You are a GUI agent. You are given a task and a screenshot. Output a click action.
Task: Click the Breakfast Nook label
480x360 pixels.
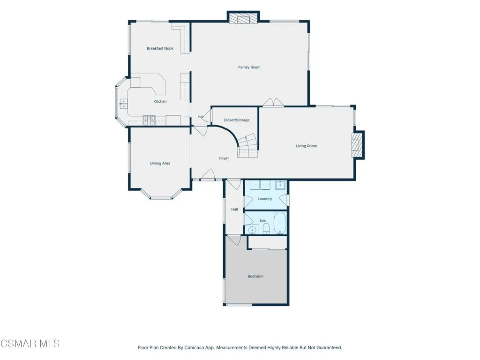tap(160, 48)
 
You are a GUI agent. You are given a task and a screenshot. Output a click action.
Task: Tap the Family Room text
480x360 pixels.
tap(249, 67)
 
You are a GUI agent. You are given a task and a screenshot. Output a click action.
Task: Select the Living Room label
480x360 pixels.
tap(306, 146)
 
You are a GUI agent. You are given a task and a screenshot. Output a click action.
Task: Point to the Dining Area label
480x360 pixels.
tap(160, 163)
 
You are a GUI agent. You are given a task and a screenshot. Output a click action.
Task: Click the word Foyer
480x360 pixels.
tap(224, 158)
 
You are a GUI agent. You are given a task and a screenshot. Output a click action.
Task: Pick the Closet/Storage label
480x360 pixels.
tap(236, 120)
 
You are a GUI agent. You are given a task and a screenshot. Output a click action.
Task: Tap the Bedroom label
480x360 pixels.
tap(255, 276)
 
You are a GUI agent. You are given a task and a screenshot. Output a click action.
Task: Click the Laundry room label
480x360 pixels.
tap(264, 199)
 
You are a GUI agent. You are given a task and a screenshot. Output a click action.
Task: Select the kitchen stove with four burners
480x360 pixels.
tap(149, 120)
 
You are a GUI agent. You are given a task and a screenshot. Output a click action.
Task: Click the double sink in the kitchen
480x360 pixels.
tap(123, 104)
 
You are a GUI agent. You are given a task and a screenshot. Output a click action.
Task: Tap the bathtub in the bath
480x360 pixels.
tap(279, 224)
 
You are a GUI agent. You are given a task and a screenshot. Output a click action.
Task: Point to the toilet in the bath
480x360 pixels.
tap(266, 228)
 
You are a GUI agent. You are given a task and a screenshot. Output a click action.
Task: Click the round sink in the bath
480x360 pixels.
tap(252, 230)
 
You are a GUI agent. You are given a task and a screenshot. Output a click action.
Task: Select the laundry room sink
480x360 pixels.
tap(280, 185)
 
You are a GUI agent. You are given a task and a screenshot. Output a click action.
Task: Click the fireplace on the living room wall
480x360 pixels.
tap(358, 144)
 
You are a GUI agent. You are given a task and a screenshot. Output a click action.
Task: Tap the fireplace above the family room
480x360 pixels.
tap(243, 17)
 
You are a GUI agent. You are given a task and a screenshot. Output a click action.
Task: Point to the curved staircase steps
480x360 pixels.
tap(248, 146)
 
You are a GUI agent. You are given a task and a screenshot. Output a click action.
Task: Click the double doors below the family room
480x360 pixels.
tap(273, 103)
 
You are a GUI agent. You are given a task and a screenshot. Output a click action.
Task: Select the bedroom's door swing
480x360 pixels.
tap(234, 240)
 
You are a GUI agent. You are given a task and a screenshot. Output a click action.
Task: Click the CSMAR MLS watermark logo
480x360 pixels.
tap(30, 344)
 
